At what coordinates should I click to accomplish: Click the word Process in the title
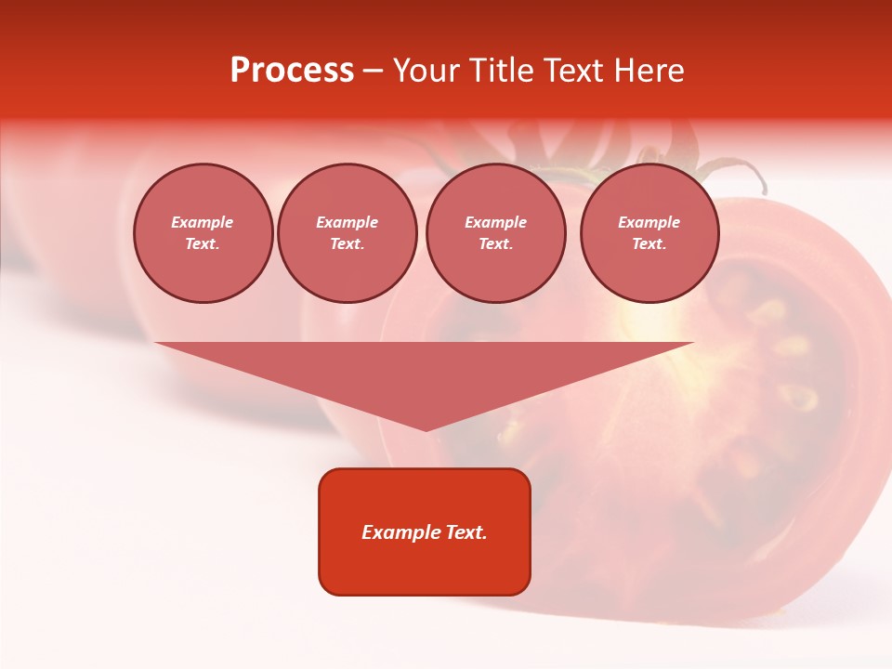pos(292,71)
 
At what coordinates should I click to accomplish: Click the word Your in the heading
pos(425,71)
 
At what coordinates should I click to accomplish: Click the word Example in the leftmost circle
pos(202,222)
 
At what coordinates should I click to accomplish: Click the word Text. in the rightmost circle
pos(649,243)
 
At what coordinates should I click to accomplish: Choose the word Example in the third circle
pos(495,222)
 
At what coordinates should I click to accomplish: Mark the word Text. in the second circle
pos(347,243)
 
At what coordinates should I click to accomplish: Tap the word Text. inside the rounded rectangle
pos(466,532)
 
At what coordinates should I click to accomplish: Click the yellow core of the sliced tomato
pos(650,325)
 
